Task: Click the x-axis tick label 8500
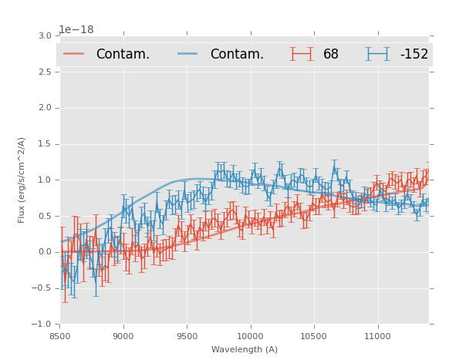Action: point(60,336)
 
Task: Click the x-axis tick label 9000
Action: point(123,336)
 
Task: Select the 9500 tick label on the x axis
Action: point(187,336)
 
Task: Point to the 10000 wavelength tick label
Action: point(250,336)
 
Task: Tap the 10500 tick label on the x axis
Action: point(314,336)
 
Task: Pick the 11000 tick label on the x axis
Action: point(377,336)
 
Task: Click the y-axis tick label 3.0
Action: point(45,36)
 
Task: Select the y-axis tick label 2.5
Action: point(45,72)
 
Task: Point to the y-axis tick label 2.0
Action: point(45,108)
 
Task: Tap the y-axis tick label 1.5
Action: point(45,144)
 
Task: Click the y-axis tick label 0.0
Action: point(45,252)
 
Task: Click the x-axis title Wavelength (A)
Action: point(245,350)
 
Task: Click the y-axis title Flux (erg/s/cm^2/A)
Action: point(22,180)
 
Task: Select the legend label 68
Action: point(331,55)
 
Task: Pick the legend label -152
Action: point(414,55)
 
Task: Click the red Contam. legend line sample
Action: point(74,54)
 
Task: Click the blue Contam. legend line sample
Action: point(188,54)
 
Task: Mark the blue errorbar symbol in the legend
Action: point(377,54)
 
